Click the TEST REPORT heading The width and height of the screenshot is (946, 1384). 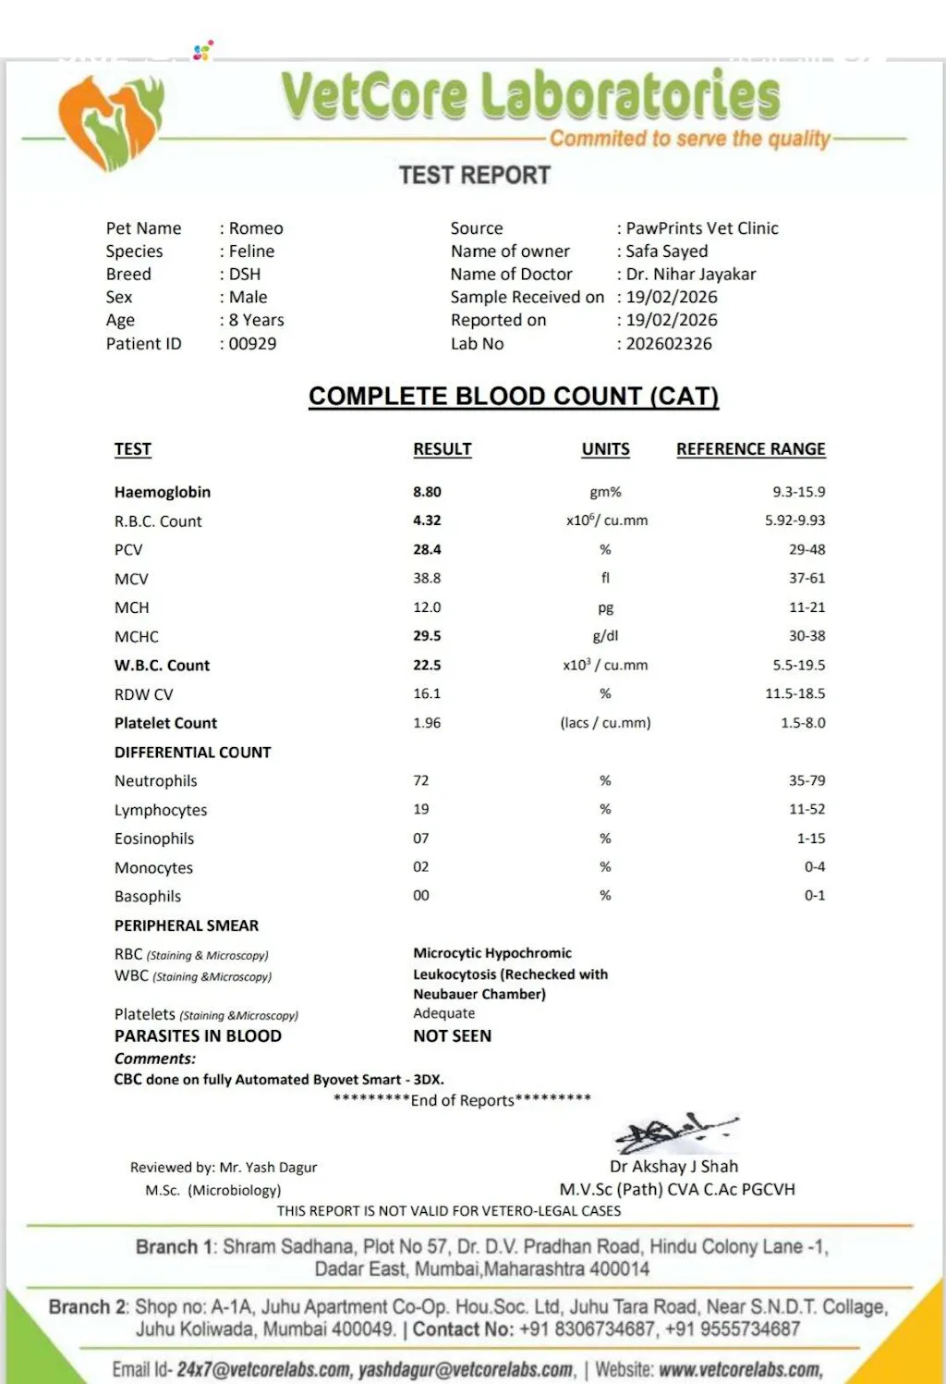click(474, 175)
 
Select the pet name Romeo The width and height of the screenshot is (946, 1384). click(256, 228)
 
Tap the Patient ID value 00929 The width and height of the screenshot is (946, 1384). click(252, 344)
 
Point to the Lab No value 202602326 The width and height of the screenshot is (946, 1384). click(669, 344)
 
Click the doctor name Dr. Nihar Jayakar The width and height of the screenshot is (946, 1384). click(690, 275)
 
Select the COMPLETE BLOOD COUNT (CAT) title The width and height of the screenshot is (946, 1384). click(514, 397)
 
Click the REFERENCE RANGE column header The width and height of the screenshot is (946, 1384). click(750, 449)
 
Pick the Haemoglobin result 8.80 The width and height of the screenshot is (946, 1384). click(427, 492)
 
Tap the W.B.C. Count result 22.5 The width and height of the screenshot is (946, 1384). click(427, 665)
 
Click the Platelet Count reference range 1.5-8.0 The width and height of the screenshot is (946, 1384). click(803, 723)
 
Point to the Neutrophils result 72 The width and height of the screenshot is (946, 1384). click(421, 780)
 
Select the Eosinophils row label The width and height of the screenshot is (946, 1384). click(154, 839)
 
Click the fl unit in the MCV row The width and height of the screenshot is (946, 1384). click(605, 578)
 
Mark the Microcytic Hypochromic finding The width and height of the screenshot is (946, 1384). click(492, 953)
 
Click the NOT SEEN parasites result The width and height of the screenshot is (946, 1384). click(452, 1036)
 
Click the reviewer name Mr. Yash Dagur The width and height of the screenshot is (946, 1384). click(268, 1168)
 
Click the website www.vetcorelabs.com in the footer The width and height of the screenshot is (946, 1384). click(740, 1369)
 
